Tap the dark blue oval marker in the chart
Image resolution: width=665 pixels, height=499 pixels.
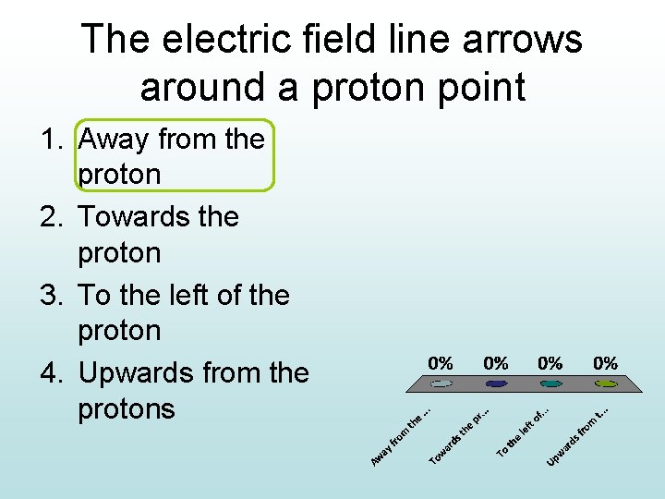coord(496,383)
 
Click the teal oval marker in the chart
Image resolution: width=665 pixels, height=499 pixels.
coord(550,383)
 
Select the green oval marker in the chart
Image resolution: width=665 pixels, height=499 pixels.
coord(606,383)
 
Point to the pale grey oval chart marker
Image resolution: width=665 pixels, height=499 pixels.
coord(441,383)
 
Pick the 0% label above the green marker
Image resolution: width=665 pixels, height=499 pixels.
coord(606,363)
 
